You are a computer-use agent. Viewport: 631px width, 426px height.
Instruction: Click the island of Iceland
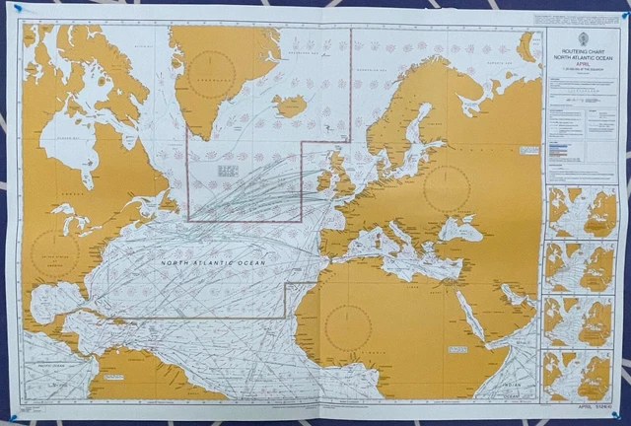click(291, 105)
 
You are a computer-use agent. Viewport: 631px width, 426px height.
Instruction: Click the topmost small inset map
click(581, 212)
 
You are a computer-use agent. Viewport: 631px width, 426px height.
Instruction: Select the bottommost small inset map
click(581, 375)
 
